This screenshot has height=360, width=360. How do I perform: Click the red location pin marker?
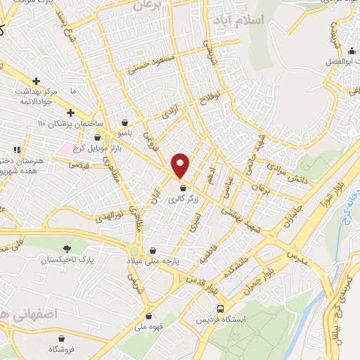pos(181,166)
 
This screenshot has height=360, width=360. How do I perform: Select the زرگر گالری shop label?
pos(184,200)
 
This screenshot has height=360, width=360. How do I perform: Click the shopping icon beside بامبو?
pos(124,121)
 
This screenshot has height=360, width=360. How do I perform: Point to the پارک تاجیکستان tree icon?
pos(67,249)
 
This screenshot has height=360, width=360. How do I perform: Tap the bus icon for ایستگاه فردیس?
pos(221,308)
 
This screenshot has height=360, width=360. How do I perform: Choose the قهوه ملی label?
pos(149,327)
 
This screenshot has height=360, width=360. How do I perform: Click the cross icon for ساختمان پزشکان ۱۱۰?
pos(70,112)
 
